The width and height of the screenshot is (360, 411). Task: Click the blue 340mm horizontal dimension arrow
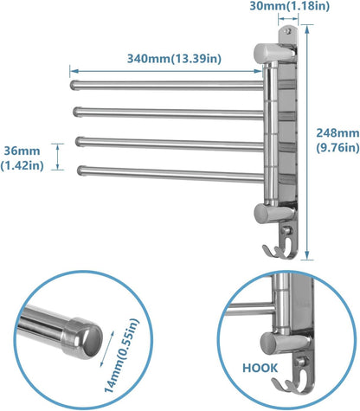[x=165, y=73]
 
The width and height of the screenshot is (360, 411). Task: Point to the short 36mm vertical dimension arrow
[x=59, y=157]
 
